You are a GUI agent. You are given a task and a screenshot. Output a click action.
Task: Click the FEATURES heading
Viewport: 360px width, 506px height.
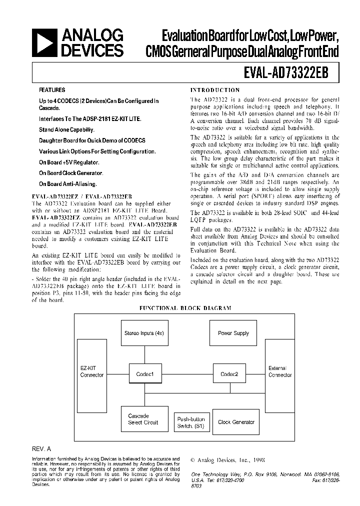click(x=52, y=90)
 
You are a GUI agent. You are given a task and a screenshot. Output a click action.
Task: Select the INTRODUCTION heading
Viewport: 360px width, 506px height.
click(x=215, y=90)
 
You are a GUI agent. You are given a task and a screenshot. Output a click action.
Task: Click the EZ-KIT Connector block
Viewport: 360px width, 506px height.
click(x=92, y=372)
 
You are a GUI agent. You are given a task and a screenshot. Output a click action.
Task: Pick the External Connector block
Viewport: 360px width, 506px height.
click(x=280, y=372)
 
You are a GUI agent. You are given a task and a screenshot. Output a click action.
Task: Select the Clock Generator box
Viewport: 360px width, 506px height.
click(x=236, y=422)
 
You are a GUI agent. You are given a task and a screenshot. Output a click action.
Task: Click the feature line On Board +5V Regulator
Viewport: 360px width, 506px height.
click(x=69, y=162)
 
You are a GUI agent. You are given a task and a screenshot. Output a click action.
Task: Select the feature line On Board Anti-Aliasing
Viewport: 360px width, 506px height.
click(x=68, y=184)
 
